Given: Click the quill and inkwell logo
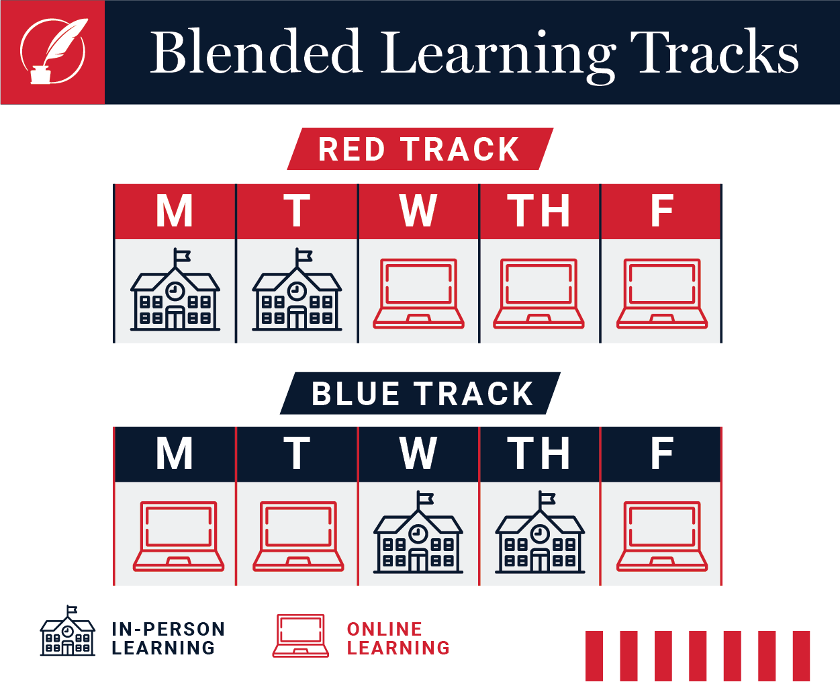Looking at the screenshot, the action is point(54,51).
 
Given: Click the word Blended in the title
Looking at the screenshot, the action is point(256,51).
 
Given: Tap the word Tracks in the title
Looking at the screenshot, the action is point(714,51).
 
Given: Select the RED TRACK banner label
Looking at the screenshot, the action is point(419,149).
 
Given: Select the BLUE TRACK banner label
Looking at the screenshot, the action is point(422,394).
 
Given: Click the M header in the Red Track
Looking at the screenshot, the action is point(175,211).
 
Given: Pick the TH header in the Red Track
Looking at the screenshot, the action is point(539,211).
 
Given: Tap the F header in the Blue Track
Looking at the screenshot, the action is point(662,453).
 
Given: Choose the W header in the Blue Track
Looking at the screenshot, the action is point(418,453).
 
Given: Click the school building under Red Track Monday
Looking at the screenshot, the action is point(175,290).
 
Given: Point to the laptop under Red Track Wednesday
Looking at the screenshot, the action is point(418,294).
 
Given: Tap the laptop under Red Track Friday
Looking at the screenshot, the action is point(662,294).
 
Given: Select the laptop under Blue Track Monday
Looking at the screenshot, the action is point(179,536).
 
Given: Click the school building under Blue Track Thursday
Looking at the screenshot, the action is point(540,532).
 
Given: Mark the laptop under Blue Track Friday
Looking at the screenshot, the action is point(662,536).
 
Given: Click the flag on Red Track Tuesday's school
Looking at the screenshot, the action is point(304,256).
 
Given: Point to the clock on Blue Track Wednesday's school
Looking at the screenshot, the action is point(418,534).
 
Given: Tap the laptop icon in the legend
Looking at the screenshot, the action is point(301,636).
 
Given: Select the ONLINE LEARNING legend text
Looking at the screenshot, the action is point(398,638).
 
